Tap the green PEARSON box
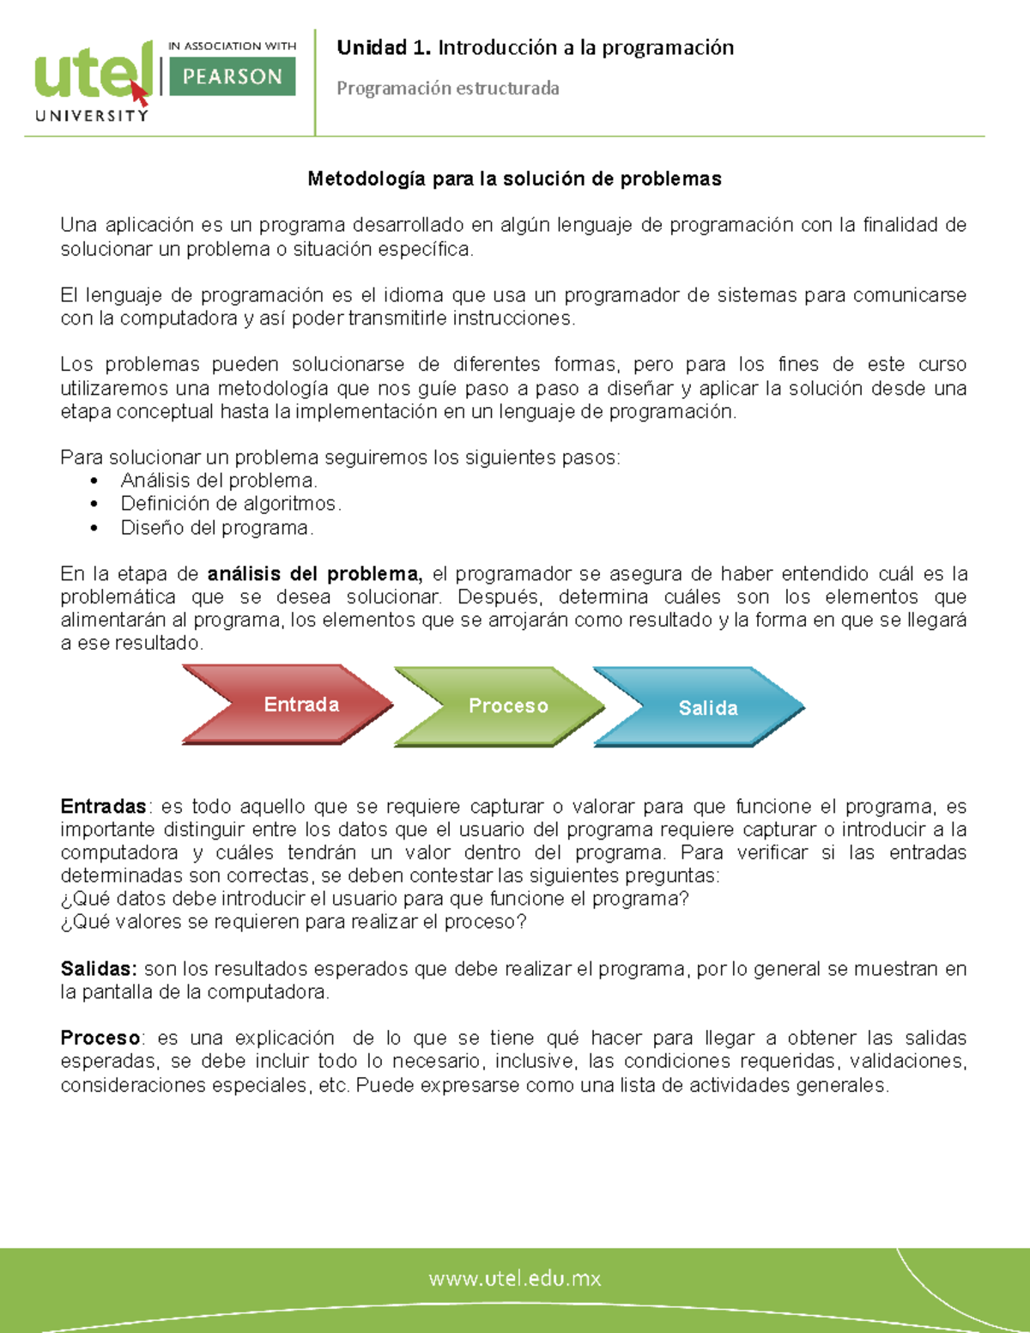pyautogui.click(x=233, y=76)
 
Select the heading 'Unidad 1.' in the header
pyautogui.click(x=384, y=48)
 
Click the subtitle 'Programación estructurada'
pyautogui.click(x=447, y=88)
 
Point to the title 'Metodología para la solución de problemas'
pyautogui.click(x=514, y=179)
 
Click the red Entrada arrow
pyautogui.click(x=288, y=705)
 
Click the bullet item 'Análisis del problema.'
pyautogui.click(x=219, y=481)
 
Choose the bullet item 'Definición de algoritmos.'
pyautogui.click(x=230, y=504)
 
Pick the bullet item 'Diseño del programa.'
pyautogui.click(x=216, y=528)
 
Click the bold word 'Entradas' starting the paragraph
pyautogui.click(x=103, y=807)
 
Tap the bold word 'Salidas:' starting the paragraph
pyautogui.click(x=98, y=969)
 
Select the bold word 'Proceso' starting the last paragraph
pyautogui.click(x=100, y=1038)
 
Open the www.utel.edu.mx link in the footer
pyautogui.click(x=515, y=1278)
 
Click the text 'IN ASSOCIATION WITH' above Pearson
pyautogui.click(x=232, y=46)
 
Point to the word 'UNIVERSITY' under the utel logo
pyautogui.click(x=92, y=116)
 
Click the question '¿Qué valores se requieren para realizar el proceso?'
pyautogui.click(x=294, y=922)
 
